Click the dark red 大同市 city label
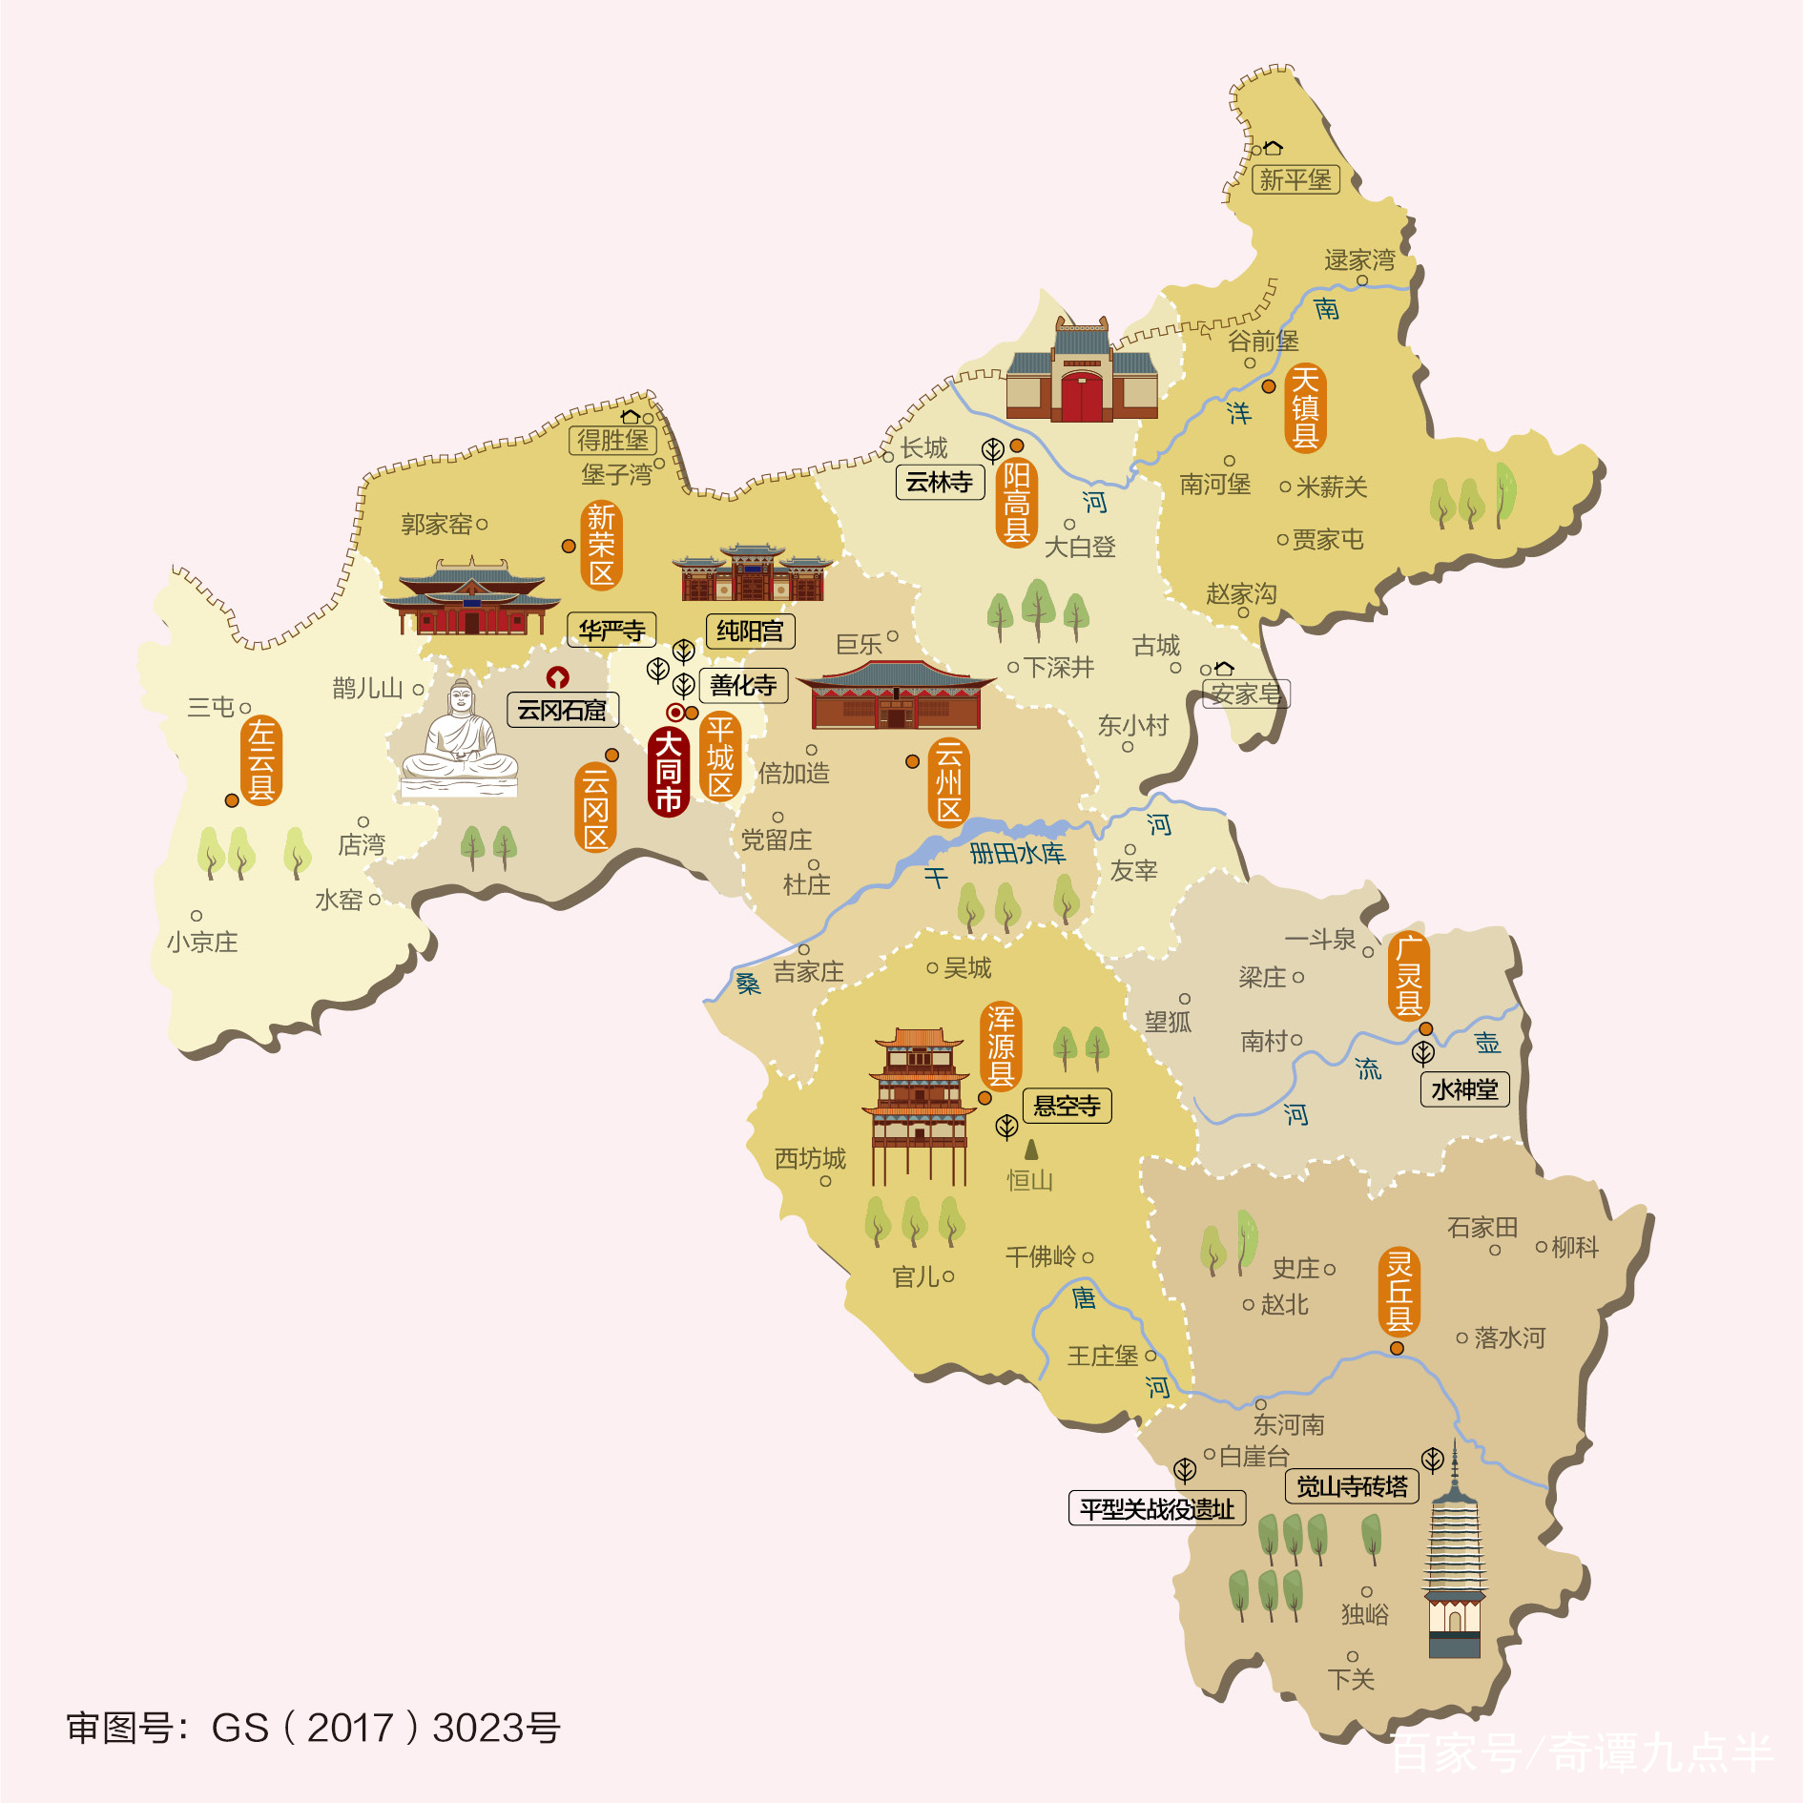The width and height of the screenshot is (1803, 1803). [x=669, y=772]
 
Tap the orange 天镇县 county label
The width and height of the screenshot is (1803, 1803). [x=1305, y=408]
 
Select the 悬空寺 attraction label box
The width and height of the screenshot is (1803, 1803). [x=1067, y=1106]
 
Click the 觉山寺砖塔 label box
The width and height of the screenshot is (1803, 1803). [x=1352, y=1486]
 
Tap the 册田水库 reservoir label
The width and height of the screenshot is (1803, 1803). [x=1017, y=853]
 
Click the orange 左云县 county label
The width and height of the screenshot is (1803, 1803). [x=261, y=760]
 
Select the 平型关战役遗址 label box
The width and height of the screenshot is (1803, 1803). [x=1156, y=1508]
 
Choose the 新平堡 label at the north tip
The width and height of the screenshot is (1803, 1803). [x=1295, y=179]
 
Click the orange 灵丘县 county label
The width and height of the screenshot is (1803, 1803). [x=1399, y=1292]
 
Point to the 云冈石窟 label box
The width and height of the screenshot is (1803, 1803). [x=562, y=710]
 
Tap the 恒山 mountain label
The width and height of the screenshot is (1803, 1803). [x=1030, y=1180]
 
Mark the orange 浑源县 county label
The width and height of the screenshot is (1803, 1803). [x=1001, y=1046]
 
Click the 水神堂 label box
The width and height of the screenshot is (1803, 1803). [x=1464, y=1088]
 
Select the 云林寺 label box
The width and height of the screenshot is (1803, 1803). [x=940, y=482]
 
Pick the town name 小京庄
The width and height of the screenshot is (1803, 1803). [x=202, y=943]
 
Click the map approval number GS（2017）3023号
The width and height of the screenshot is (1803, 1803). [x=314, y=1728]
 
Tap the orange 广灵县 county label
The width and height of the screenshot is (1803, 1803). [x=1409, y=976]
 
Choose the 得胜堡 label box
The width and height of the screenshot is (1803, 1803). [x=612, y=440]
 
